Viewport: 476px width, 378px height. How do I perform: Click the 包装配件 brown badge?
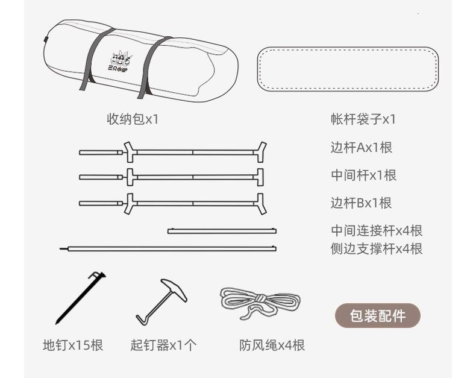click(377, 315)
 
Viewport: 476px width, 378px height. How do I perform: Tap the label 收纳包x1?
click(133, 119)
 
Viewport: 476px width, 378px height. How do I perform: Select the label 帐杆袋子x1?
click(363, 119)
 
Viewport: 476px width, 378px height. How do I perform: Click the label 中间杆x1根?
click(363, 175)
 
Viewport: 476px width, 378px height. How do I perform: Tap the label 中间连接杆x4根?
click(377, 231)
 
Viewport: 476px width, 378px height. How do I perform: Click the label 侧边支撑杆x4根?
click(377, 248)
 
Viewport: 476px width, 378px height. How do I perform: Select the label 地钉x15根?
click(73, 345)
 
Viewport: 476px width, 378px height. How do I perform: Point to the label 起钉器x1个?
click(163, 345)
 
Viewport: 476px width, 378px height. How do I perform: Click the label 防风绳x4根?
click(272, 345)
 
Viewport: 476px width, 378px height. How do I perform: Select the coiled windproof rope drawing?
click(258, 301)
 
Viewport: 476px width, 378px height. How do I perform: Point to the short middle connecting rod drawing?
click(222, 230)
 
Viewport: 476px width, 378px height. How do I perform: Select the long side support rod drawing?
click(169, 248)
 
